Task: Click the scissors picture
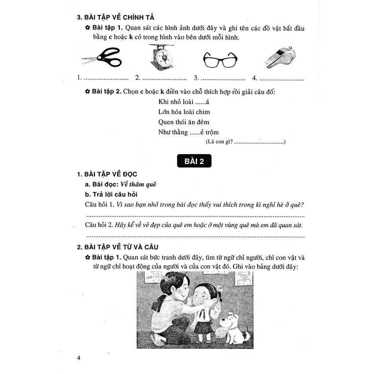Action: pyautogui.click(x=102, y=58)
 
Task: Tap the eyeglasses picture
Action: pyautogui.click(x=220, y=59)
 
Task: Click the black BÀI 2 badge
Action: pyautogui.click(x=194, y=161)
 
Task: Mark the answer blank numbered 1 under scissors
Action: pyautogui.click(x=105, y=78)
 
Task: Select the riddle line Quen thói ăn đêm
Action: pyautogui.click(x=184, y=122)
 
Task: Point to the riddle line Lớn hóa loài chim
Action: pyautogui.click(x=184, y=112)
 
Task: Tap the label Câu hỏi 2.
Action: pyautogui.click(x=99, y=225)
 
